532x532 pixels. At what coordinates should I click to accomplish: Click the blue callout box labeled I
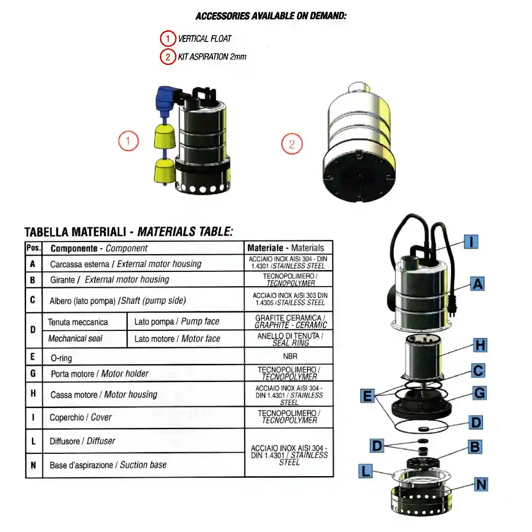tap(471, 242)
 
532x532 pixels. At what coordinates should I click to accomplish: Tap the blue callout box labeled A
tap(477, 284)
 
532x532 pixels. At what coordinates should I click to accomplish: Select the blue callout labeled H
tap(480, 345)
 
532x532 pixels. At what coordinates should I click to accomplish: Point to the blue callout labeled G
tap(479, 393)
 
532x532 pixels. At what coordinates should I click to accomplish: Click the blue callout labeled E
tap(368, 396)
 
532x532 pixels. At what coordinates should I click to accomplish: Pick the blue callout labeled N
tap(481, 484)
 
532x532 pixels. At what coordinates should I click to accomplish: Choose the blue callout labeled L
tap(365, 471)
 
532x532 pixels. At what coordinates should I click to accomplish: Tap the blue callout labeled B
tap(475, 447)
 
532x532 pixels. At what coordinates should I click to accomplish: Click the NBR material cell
tap(289, 356)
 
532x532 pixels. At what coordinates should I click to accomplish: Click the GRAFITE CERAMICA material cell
tap(289, 321)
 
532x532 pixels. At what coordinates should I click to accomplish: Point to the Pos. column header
tap(34, 248)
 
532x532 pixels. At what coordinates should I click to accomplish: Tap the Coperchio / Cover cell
tap(143, 417)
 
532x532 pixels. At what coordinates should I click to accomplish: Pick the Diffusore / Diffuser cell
tap(143, 441)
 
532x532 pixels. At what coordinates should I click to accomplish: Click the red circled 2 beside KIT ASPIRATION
tap(168, 57)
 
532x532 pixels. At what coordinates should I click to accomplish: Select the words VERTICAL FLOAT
tap(205, 39)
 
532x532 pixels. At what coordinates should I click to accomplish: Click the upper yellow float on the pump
tap(164, 136)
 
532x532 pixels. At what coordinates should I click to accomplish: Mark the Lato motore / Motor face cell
tap(186, 338)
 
